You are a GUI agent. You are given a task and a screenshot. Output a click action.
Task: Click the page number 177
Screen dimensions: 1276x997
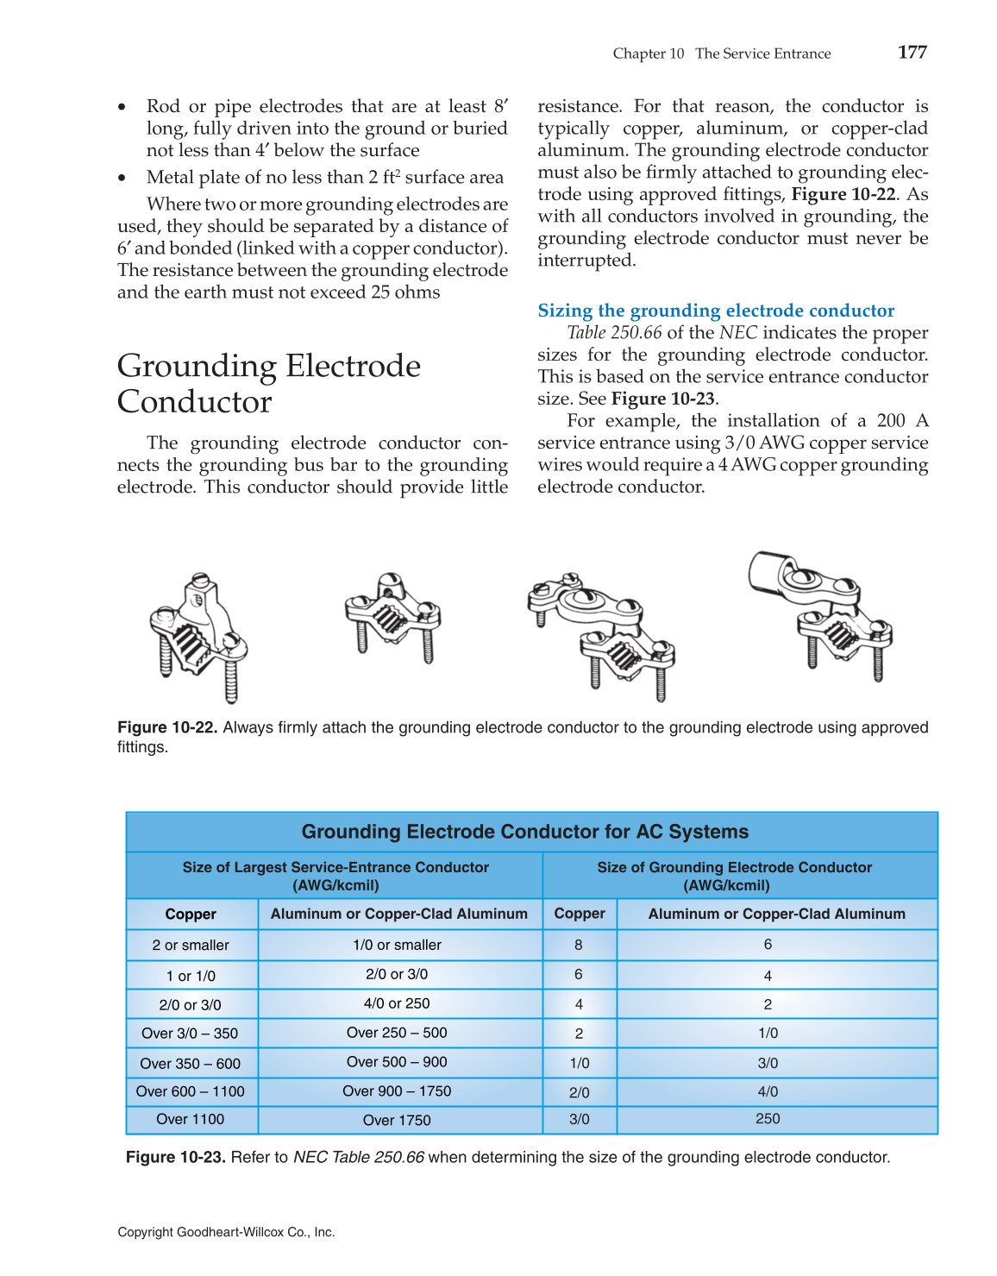pos(912,53)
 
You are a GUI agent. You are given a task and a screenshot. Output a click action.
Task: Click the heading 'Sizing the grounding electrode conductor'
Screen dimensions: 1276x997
pos(716,311)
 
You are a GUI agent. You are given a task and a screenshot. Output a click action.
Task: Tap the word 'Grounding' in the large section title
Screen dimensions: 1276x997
pos(197,367)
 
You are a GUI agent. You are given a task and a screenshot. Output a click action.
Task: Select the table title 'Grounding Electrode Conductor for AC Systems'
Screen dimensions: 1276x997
pos(524,832)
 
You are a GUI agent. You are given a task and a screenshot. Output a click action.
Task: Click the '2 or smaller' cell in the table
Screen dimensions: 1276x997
pos(191,946)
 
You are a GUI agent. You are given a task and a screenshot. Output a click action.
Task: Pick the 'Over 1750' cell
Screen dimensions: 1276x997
pos(397,1121)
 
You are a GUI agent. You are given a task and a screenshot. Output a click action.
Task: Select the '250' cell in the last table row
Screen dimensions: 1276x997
pos(768,1119)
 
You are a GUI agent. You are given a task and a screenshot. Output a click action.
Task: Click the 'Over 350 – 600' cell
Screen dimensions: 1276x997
pos(191,1064)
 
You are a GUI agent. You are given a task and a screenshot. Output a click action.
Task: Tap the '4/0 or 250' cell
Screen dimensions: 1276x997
pos(397,1004)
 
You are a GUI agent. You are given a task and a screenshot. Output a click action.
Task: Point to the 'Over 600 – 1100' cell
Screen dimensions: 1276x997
pos(191,1092)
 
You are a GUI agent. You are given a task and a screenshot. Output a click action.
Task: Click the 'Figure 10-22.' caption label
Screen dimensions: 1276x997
pos(167,728)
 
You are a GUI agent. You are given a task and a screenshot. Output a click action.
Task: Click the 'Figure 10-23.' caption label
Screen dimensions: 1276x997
pos(176,1158)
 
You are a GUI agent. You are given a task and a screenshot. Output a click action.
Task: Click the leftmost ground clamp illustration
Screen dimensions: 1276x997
pos(198,637)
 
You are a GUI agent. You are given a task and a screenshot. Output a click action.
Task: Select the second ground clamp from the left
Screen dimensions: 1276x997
pos(392,616)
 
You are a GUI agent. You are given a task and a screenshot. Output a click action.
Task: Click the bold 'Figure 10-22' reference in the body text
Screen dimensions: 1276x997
pos(843,195)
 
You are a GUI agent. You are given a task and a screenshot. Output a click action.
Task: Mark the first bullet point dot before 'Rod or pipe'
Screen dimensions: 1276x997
pos(122,108)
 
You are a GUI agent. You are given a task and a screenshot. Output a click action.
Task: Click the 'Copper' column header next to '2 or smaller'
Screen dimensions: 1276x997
pos(191,915)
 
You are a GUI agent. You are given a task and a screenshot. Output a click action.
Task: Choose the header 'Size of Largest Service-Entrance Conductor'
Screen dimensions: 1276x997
pos(335,868)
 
